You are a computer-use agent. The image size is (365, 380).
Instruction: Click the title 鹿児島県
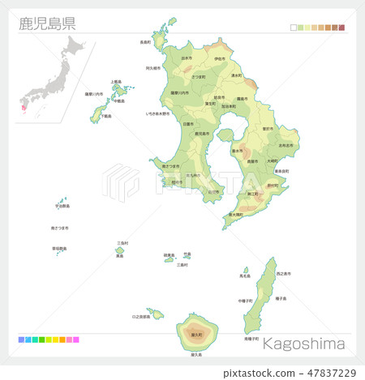(x=47, y=22)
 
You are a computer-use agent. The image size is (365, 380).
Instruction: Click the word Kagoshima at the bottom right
(x=303, y=344)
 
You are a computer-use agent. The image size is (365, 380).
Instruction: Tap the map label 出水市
(x=187, y=58)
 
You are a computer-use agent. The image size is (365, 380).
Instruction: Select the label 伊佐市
(x=220, y=58)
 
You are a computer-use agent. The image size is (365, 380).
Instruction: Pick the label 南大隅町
(x=236, y=214)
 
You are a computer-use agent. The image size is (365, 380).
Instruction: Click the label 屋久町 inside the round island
(x=196, y=334)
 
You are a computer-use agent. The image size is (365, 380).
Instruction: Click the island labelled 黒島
(x=119, y=250)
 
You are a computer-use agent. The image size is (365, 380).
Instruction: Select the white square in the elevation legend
(x=294, y=28)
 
